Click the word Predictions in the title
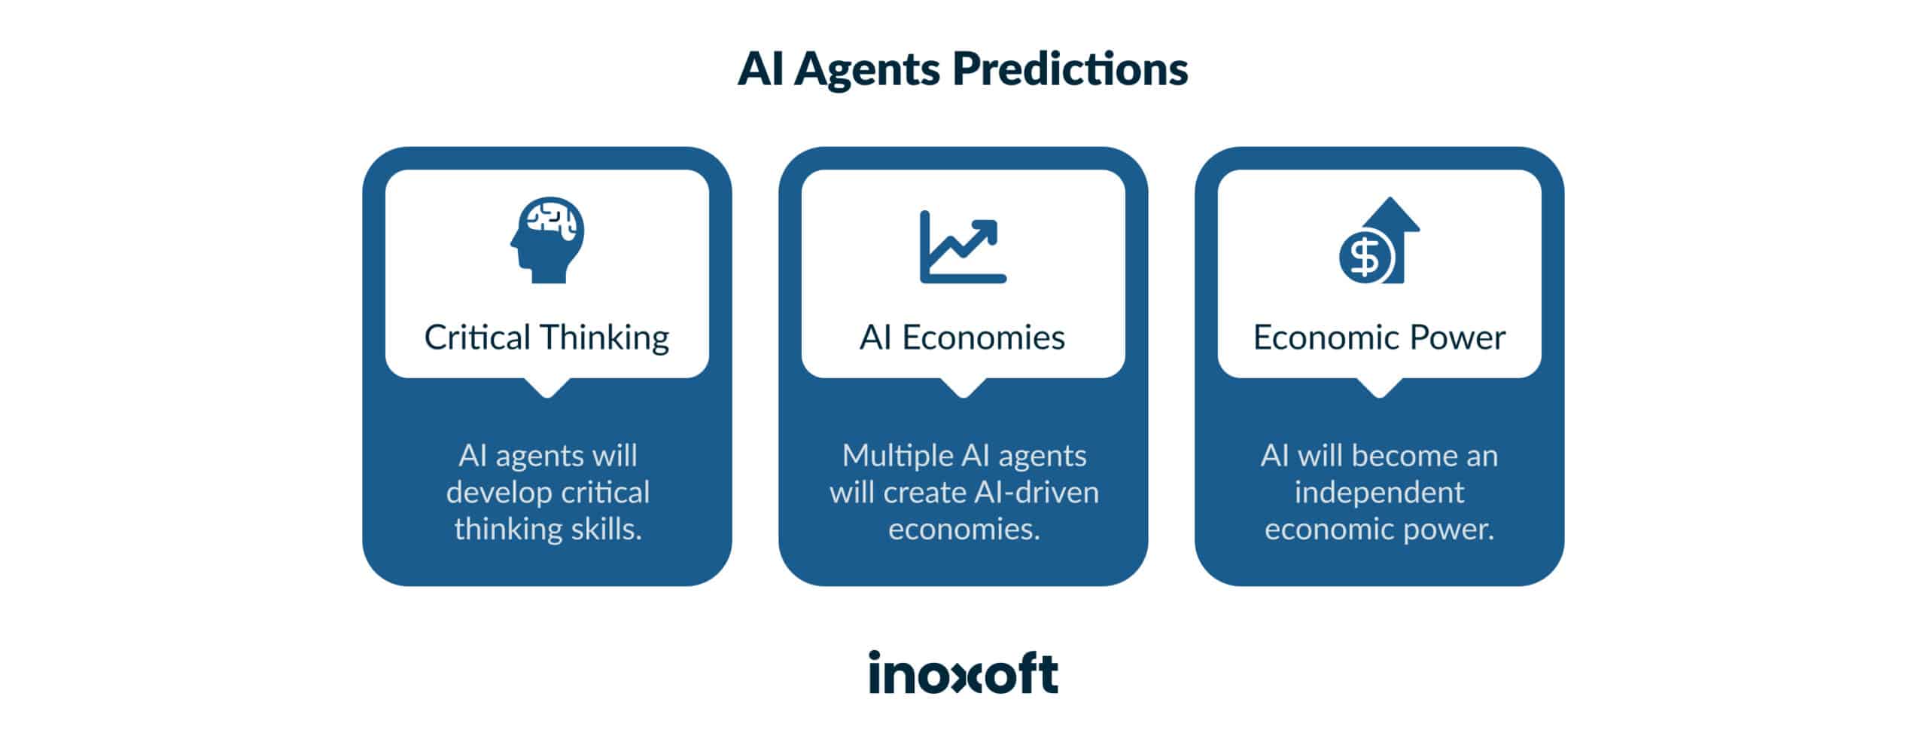[1070, 70]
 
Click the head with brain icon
[547, 240]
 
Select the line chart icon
[963, 247]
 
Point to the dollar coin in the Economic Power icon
[1365, 257]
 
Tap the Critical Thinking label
[546, 337]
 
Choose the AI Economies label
[963, 337]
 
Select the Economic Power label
[1379, 337]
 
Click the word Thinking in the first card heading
[604, 337]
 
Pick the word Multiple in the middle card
[898, 456]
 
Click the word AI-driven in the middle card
[1037, 493]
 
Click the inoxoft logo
[963, 673]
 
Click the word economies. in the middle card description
[963, 530]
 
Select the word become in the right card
[1397, 456]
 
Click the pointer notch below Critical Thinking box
[547, 387]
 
